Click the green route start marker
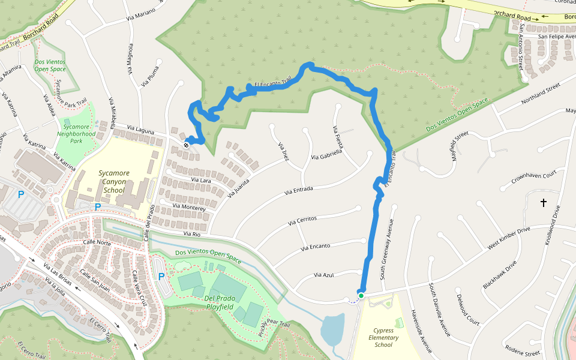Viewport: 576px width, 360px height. click(361, 295)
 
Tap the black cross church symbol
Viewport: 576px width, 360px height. click(544, 203)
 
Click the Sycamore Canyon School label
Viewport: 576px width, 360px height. click(113, 182)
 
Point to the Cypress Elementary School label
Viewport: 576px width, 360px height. click(383, 337)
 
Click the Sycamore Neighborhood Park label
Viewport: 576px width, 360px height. click(80, 134)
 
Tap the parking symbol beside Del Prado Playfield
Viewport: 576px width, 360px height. click(161, 277)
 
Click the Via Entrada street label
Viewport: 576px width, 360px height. click(299, 191)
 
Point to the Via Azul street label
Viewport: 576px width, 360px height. click(323, 275)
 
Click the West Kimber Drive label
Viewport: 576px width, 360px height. click(509, 238)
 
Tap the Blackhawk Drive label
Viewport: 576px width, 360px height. click(499, 274)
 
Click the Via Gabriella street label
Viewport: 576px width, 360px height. click(326, 154)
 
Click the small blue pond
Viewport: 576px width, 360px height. click(332, 328)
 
